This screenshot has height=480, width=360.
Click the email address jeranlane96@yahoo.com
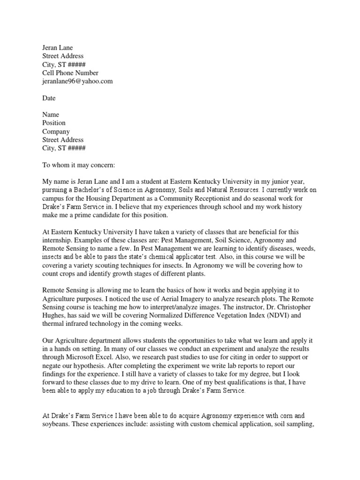click(x=77, y=81)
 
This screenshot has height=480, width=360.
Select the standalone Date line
click(x=49, y=98)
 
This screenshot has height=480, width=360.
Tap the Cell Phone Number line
click(x=70, y=73)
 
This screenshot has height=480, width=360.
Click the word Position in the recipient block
click(x=54, y=123)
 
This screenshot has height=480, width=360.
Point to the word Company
click(x=56, y=131)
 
